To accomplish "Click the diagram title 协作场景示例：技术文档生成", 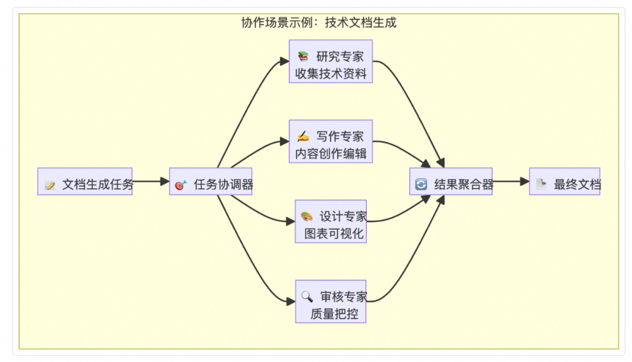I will [319, 23].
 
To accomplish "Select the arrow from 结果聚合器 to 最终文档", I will [510, 182].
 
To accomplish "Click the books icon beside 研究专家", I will [303, 57].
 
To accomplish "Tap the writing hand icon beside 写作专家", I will [303, 136].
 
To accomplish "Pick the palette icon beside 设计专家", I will [307, 217].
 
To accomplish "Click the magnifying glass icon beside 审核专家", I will [307, 296].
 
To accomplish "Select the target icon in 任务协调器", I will [180, 185].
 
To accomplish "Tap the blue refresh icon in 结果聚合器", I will [421, 185].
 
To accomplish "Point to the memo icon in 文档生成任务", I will [50, 185].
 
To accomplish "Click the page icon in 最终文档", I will [541, 185].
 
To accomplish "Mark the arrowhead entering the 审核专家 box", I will [291, 302].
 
